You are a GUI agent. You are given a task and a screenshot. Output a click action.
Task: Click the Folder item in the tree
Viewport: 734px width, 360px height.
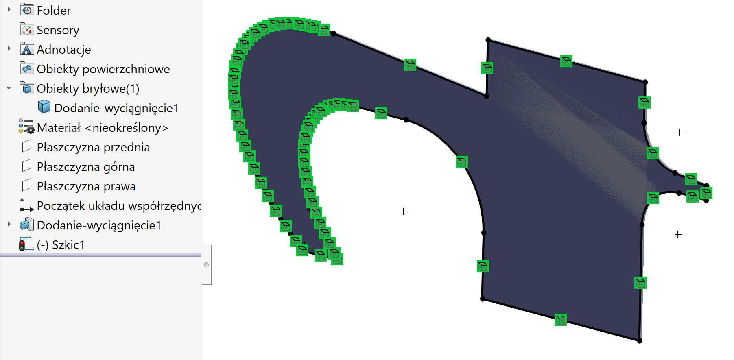point(53,11)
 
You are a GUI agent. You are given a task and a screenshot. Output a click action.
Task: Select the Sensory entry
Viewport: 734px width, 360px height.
point(58,30)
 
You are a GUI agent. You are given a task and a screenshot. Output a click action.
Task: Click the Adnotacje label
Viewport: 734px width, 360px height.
point(63,50)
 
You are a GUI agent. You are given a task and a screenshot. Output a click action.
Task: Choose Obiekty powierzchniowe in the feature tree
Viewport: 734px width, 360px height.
point(103,69)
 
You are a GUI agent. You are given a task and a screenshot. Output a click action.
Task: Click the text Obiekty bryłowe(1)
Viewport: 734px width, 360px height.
point(88,89)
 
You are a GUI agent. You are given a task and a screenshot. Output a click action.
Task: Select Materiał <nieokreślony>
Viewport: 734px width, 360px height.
point(102,128)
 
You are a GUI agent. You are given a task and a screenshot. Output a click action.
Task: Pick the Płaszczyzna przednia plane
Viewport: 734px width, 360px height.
point(93,147)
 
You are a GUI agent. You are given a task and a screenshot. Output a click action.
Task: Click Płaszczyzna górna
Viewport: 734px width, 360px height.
point(85,167)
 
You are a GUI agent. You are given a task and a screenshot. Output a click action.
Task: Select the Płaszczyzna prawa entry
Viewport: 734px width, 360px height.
point(86,186)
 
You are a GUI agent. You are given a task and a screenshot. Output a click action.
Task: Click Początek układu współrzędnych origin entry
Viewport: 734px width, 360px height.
point(118,206)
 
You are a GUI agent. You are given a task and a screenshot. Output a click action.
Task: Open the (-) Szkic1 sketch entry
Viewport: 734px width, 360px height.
point(61,245)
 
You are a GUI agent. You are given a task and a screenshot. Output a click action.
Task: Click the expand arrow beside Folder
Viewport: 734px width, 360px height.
point(9,9)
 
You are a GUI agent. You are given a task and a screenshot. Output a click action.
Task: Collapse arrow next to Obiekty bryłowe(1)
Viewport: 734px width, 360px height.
point(9,88)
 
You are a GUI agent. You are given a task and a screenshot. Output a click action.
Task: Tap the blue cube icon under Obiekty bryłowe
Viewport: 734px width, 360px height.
point(44,107)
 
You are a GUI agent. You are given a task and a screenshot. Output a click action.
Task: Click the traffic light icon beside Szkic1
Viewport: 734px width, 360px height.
point(22,244)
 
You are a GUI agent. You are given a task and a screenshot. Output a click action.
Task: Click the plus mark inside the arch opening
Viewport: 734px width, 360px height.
point(404,212)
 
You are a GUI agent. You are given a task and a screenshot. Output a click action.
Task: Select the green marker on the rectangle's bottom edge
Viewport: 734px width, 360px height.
point(560,320)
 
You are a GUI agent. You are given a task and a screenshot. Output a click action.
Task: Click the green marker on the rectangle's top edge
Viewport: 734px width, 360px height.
point(566,61)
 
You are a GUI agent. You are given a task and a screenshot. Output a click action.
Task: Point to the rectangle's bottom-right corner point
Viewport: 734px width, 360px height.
point(640,341)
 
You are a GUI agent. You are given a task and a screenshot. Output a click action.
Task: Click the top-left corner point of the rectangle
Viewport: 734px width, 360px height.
point(488,40)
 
